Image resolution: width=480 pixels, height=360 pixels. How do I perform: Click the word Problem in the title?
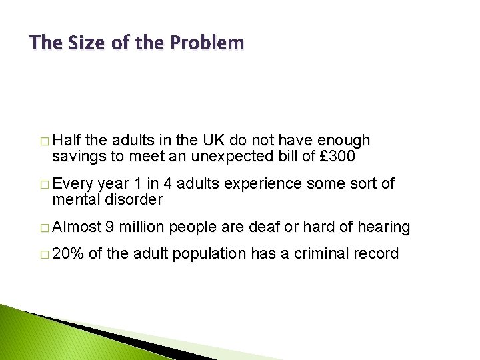207,43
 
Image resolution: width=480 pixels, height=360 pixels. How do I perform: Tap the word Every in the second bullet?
72,183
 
